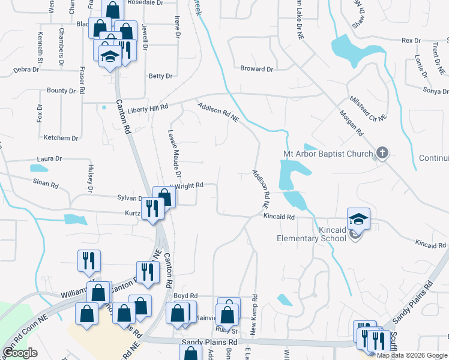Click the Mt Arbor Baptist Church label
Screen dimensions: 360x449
coord(328,154)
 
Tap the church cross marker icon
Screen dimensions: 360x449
coord(381,153)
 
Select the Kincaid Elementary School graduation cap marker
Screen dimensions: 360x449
coord(358,219)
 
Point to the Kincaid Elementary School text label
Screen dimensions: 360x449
coord(312,233)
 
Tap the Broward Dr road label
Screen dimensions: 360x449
coord(256,69)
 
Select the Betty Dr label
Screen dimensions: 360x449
coord(160,76)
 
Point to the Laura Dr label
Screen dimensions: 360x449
coord(49,159)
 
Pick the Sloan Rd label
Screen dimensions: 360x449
coord(46,185)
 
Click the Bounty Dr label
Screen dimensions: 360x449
coord(61,91)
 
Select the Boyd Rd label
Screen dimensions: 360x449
coord(185,296)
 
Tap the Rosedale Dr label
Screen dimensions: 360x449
coord(148,2)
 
